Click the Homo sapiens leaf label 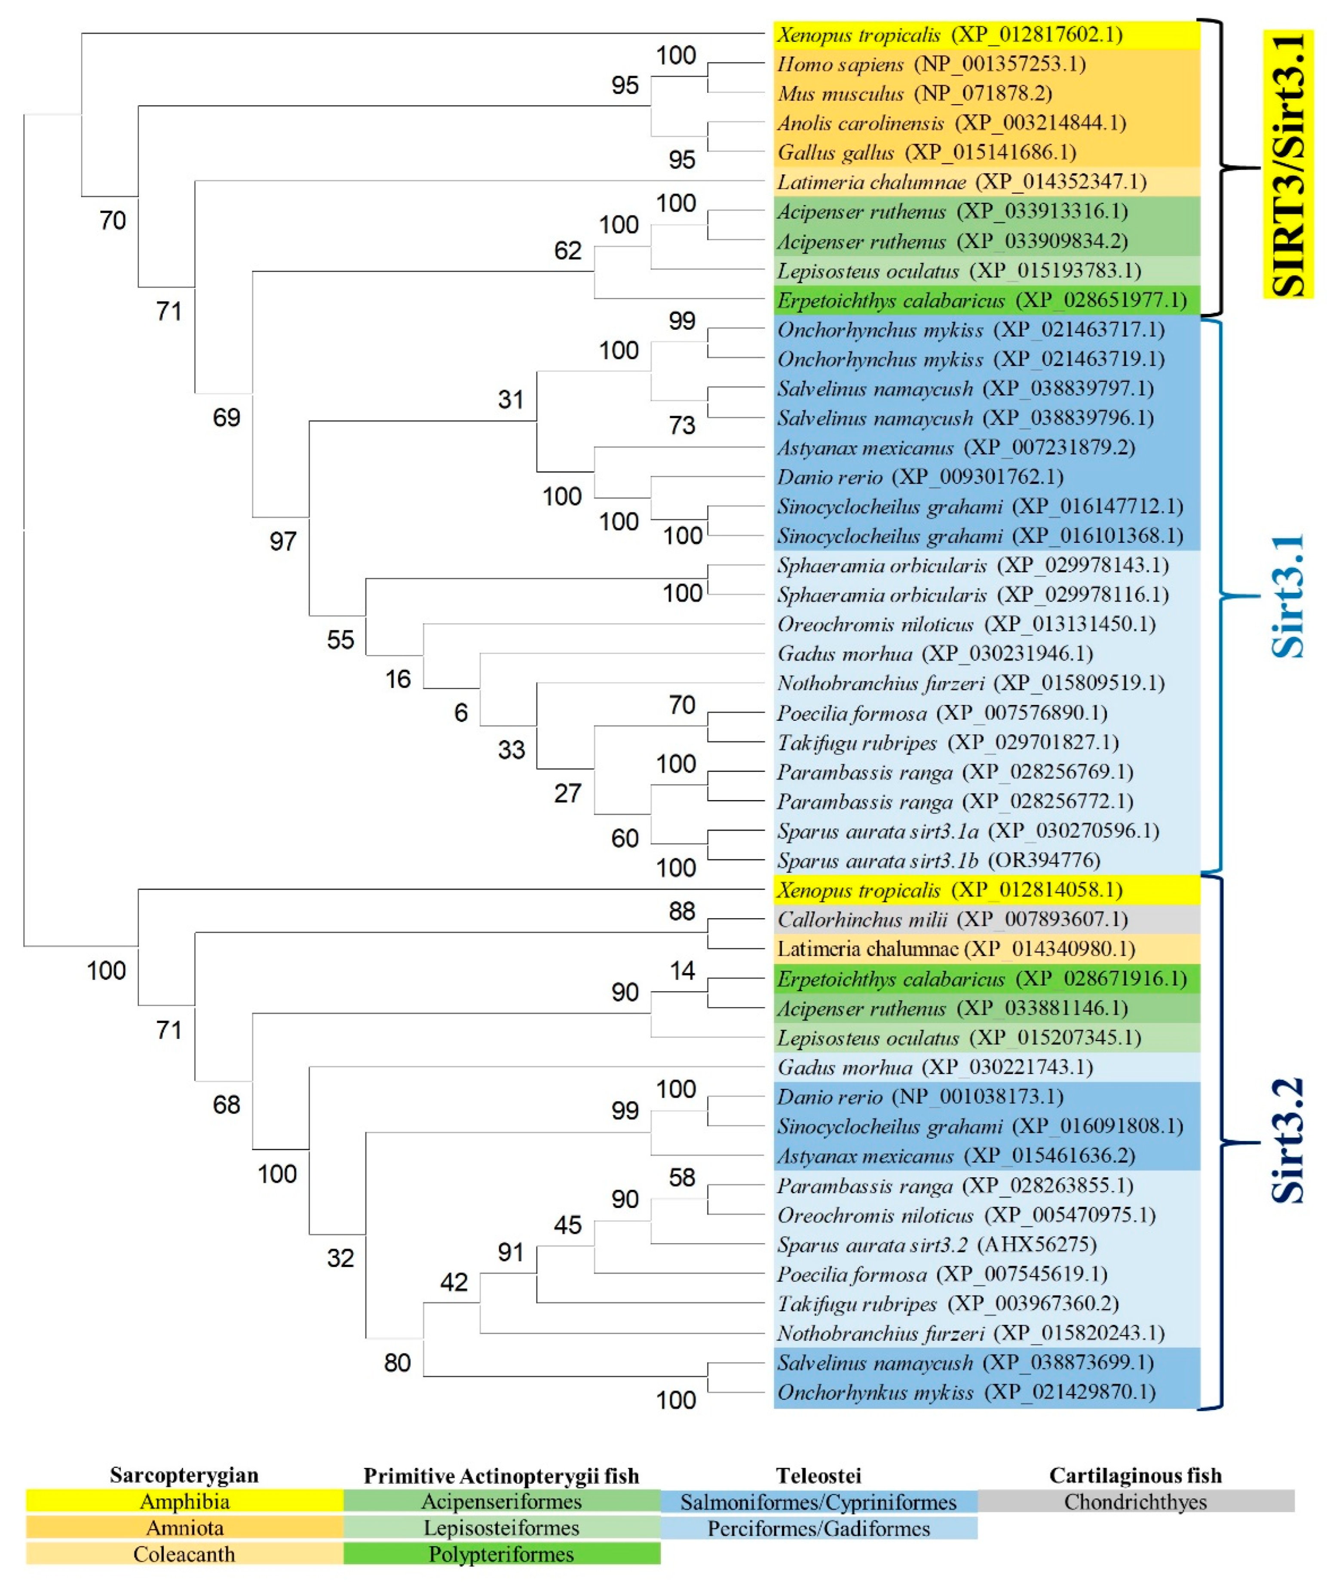pos(931,64)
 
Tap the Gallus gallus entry pos(926,152)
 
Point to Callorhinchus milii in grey pos(952,919)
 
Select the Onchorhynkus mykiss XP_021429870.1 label pos(965,1392)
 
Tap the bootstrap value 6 pos(461,713)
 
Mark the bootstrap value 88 pos(681,911)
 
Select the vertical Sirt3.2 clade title pos(1288,1140)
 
